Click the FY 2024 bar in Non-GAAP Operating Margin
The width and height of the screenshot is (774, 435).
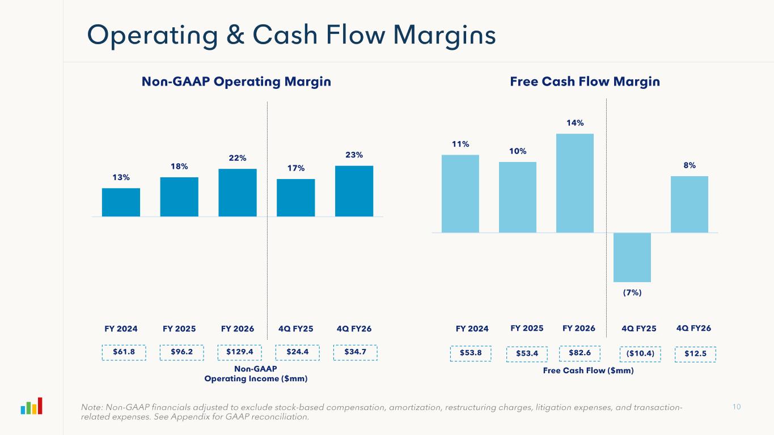[x=121, y=202]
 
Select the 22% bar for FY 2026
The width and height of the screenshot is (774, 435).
[x=238, y=193]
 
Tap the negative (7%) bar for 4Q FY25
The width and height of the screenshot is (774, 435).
[x=632, y=257]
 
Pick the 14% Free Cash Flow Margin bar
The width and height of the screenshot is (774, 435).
[x=575, y=183]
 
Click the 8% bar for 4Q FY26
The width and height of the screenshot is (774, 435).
[x=690, y=204]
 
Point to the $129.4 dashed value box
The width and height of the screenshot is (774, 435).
[x=240, y=352]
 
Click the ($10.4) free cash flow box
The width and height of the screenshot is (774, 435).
[x=640, y=354]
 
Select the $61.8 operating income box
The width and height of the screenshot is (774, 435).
[x=124, y=352]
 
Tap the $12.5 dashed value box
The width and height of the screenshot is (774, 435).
[x=696, y=354]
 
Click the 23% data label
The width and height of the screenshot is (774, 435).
[x=354, y=155]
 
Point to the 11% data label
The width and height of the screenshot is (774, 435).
[x=460, y=144]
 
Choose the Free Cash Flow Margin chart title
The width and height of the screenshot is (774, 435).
[x=585, y=82]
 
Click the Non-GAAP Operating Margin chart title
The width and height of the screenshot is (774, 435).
[x=236, y=82]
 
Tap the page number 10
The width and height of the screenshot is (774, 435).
[x=737, y=407]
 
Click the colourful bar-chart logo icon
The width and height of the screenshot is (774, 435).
[x=32, y=406]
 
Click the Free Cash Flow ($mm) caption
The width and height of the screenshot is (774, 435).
[x=588, y=370]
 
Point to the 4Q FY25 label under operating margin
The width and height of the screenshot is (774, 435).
[x=295, y=329]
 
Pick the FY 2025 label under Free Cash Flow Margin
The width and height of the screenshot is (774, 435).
[x=527, y=328]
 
